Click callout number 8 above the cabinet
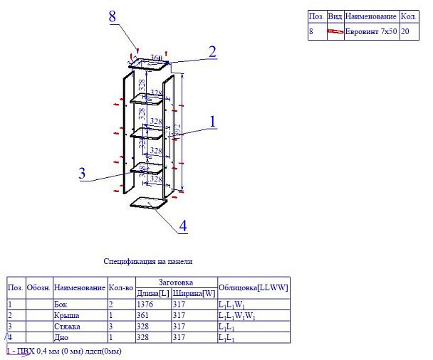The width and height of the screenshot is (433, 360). point(112,16)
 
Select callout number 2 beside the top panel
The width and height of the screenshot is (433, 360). point(212,51)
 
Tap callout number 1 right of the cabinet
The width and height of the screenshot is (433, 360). point(212,121)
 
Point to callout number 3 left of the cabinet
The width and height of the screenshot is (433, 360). point(83,172)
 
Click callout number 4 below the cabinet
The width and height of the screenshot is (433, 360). point(183,226)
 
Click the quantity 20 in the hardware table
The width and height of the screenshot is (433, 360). point(405,32)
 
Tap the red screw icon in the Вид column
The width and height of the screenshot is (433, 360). point(335,32)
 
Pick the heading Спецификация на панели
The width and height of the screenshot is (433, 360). point(148,262)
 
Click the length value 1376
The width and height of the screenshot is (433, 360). point(145,305)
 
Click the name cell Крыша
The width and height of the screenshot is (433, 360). point(65,315)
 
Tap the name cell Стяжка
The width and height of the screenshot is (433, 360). point(66,326)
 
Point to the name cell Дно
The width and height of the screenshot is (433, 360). point(61,337)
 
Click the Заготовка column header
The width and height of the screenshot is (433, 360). point(176,282)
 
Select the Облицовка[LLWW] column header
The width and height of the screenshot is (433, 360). point(253,287)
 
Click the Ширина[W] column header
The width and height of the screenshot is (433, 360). point(194,293)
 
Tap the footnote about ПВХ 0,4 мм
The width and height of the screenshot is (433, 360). point(64,351)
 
